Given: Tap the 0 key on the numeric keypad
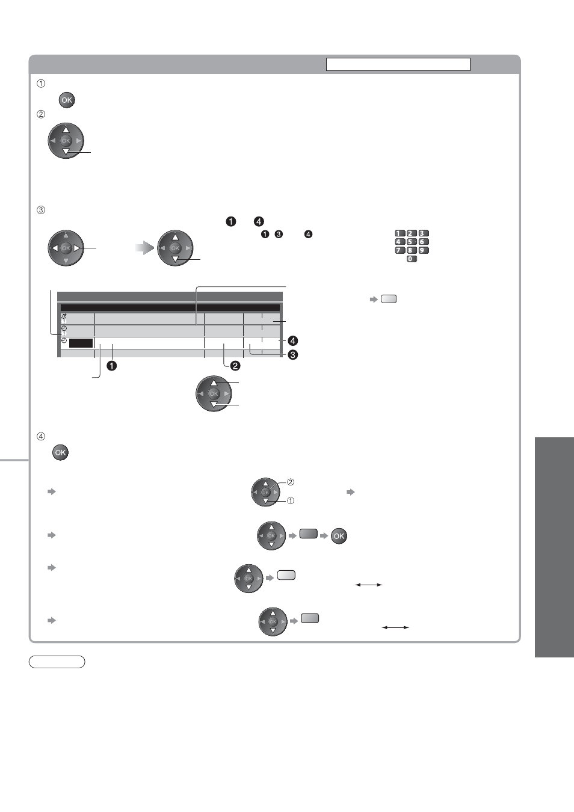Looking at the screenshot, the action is pyautogui.click(x=412, y=259).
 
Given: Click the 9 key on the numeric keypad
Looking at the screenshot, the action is pyautogui.click(x=423, y=250).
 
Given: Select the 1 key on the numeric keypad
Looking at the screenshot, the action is pyautogui.click(x=400, y=233).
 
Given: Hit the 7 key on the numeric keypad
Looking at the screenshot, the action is pyautogui.click(x=400, y=250).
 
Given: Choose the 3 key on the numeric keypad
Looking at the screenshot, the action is pyautogui.click(x=423, y=233).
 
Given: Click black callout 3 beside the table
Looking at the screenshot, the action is pyautogui.click(x=292, y=354).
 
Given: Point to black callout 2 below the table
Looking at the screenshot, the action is pyautogui.click(x=235, y=366).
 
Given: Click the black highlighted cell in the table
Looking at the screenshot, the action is pyautogui.click(x=81, y=343).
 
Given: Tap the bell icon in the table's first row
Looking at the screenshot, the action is pyautogui.click(x=64, y=316).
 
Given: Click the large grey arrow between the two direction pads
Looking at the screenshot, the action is pyautogui.click(x=144, y=248).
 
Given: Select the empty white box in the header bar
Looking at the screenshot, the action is pyautogui.click(x=398, y=64).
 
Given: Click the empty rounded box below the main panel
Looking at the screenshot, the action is pyautogui.click(x=57, y=662).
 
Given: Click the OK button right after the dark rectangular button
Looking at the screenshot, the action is pyautogui.click(x=339, y=536).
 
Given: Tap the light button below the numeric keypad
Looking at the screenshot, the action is pyautogui.click(x=389, y=299).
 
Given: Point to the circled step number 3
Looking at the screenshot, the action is pyautogui.click(x=41, y=210).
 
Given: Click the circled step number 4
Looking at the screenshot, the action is pyautogui.click(x=41, y=437).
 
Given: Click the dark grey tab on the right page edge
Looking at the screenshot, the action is pyautogui.click(x=554, y=547).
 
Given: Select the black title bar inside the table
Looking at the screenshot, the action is pyautogui.click(x=170, y=308).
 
